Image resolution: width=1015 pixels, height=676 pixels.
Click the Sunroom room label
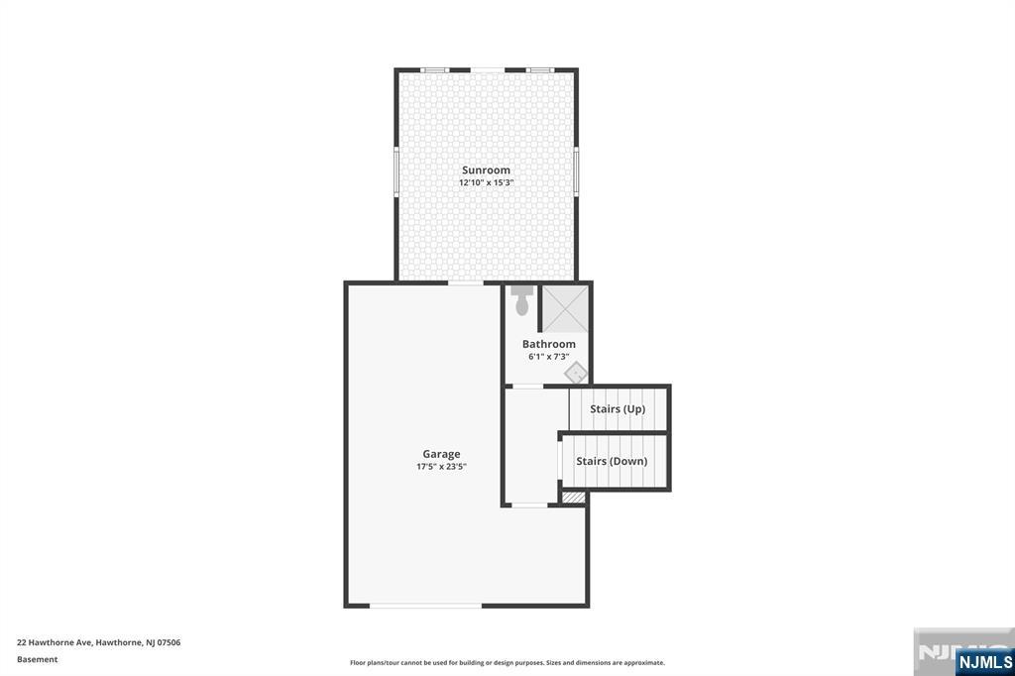(x=486, y=170)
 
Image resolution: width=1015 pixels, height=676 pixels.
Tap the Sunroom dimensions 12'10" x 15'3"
(x=486, y=183)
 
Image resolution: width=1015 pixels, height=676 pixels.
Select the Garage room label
(x=441, y=454)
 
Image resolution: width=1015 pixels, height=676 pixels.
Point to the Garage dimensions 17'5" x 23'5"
(x=441, y=467)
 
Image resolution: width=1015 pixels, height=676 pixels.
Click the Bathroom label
(x=549, y=344)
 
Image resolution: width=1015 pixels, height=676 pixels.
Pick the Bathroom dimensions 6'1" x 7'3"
(x=549, y=357)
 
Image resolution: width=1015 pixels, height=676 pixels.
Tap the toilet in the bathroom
(x=522, y=300)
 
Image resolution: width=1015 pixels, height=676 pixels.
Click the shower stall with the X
(x=565, y=308)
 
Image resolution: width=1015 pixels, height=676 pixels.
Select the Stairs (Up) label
(x=618, y=408)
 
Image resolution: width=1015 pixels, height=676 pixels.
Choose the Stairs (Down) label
(x=612, y=461)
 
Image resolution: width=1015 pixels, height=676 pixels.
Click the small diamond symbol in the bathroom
(x=576, y=373)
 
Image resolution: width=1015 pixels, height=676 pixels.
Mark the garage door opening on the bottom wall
(x=426, y=605)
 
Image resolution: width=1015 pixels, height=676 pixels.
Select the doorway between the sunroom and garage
(x=466, y=283)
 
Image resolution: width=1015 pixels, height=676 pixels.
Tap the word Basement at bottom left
(x=38, y=659)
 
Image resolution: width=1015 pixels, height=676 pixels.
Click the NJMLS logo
(x=984, y=662)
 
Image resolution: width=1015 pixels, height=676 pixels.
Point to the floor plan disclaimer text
(x=507, y=662)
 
